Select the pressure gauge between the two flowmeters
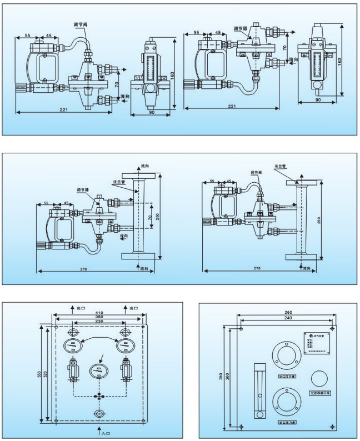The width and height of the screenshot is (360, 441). [99, 370]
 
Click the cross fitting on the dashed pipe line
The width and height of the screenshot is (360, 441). [99, 396]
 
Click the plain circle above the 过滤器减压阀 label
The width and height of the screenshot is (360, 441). [320, 379]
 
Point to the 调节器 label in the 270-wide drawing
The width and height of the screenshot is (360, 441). [83, 190]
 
